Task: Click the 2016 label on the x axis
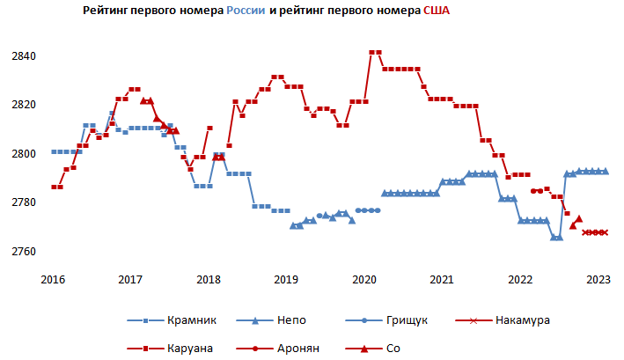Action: pos(53,280)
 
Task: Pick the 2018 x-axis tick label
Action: pos(209,280)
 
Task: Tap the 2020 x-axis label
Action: pos(364,280)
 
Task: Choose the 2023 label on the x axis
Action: pos(598,280)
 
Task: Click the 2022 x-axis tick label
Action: pos(520,280)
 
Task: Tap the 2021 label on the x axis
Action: pos(442,280)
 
